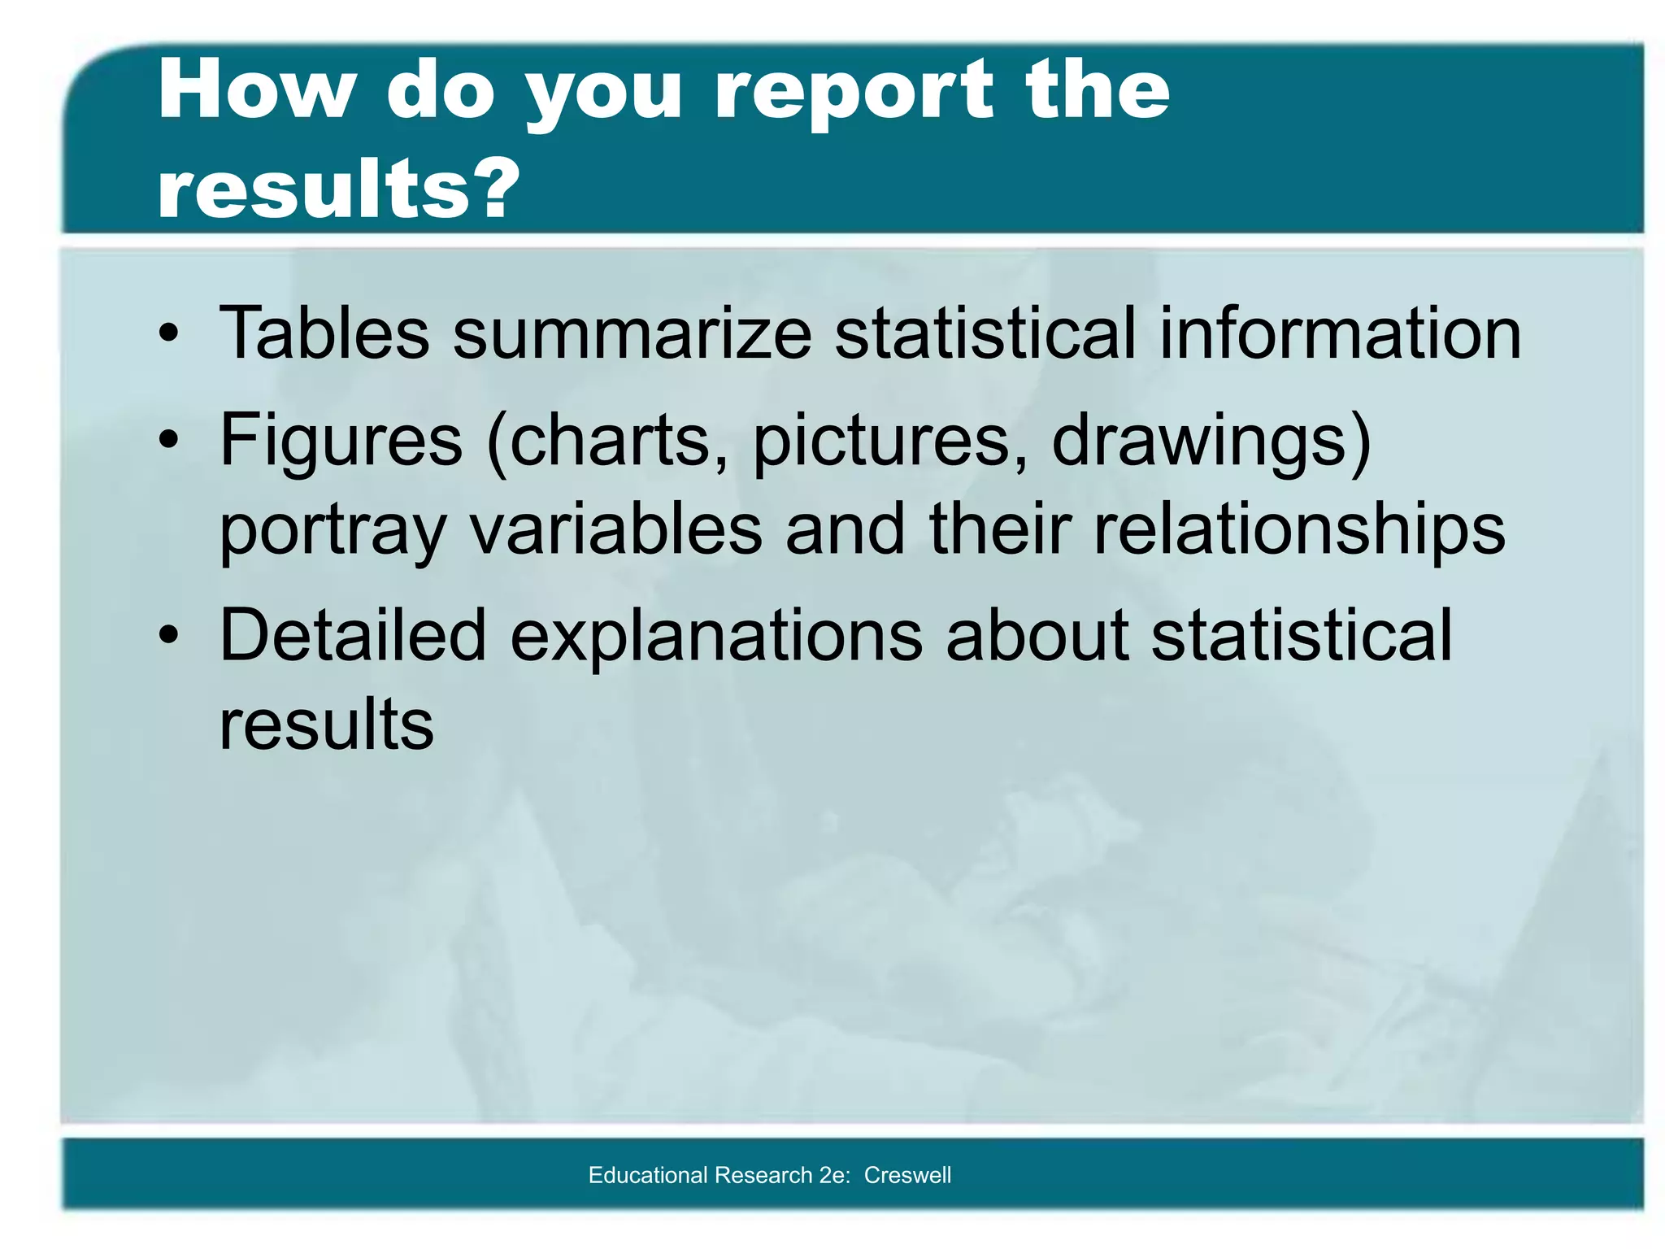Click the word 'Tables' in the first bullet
click(x=324, y=333)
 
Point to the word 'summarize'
click(x=632, y=333)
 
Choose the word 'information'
click(x=1339, y=333)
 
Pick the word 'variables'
click(x=615, y=529)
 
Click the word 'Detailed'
click(x=353, y=634)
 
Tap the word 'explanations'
click(x=716, y=636)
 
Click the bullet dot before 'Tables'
click(x=168, y=334)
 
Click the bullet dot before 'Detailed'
click(x=168, y=636)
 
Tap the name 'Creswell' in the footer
click(x=907, y=1175)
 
